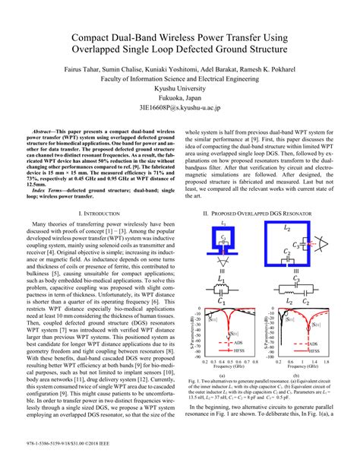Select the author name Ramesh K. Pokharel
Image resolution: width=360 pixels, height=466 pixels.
tap(272, 68)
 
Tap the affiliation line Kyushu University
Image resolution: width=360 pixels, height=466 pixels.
tap(179, 88)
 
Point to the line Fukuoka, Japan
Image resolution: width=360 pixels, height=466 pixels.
tap(179, 98)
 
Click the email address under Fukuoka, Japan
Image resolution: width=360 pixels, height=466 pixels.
tap(179, 109)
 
